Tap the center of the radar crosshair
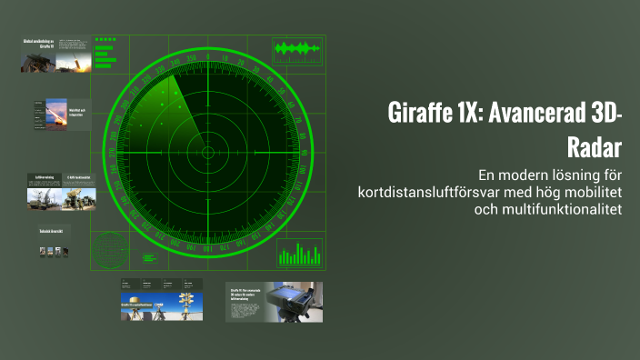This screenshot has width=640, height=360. click(x=207, y=152)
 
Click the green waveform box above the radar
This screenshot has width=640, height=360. click(x=298, y=49)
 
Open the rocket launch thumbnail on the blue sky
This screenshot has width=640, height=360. click(x=55, y=115)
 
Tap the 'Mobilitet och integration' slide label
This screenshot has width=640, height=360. click(x=79, y=114)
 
